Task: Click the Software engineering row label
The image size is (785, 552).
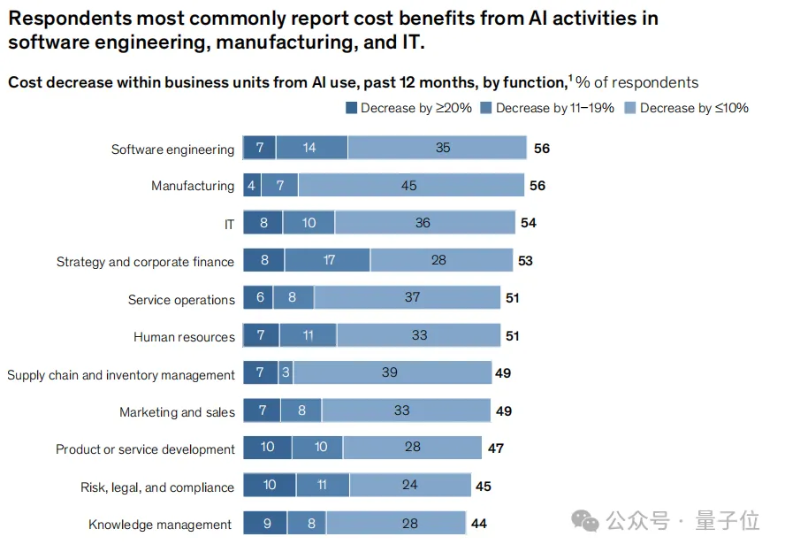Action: (x=172, y=149)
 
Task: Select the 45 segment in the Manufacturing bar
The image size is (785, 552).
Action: (x=408, y=186)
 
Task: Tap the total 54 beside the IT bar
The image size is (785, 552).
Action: (x=528, y=223)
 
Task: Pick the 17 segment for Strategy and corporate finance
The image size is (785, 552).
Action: (x=328, y=261)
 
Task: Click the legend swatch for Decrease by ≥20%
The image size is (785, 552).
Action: (x=351, y=108)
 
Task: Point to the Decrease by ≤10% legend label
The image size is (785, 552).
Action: (x=694, y=108)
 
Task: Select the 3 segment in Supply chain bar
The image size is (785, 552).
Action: (x=286, y=373)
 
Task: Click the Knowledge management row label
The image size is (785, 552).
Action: (x=160, y=525)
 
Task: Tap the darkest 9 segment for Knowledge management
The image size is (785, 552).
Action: (x=266, y=524)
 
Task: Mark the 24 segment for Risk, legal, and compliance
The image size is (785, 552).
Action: (x=409, y=486)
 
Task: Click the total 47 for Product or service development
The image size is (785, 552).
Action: (x=495, y=448)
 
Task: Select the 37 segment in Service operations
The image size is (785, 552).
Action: (x=412, y=297)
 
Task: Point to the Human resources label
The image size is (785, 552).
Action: (x=184, y=337)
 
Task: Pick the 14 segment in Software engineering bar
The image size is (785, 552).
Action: (x=309, y=148)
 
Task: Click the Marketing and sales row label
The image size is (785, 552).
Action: (x=177, y=412)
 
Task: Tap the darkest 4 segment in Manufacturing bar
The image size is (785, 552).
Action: (x=252, y=186)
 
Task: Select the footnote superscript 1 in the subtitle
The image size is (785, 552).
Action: (x=570, y=79)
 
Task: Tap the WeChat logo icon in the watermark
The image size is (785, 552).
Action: (x=585, y=522)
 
